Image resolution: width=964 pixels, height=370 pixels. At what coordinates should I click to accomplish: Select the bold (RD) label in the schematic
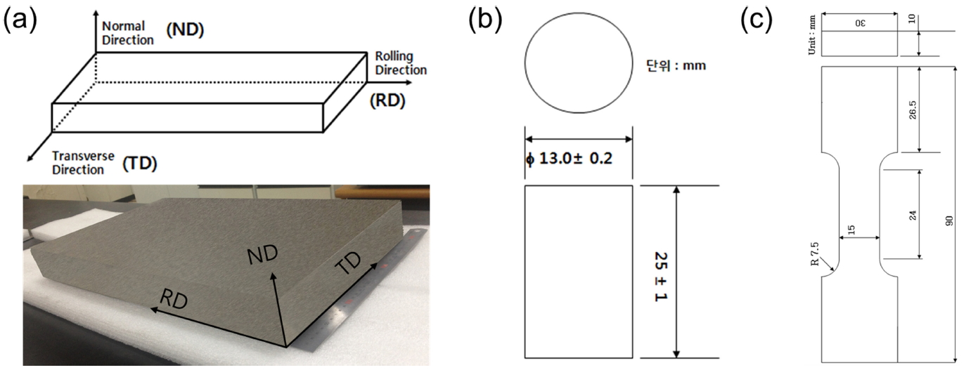click(x=387, y=100)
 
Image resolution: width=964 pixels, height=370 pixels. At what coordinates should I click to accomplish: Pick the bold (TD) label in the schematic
click(x=139, y=164)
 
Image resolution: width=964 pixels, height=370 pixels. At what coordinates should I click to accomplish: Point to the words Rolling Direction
click(x=400, y=63)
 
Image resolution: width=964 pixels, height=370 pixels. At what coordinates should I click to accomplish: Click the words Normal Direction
click(x=127, y=32)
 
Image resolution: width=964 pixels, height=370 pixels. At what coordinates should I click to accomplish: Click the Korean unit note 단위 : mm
click(x=676, y=67)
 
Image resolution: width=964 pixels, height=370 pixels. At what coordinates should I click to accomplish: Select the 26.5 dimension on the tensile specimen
click(x=913, y=110)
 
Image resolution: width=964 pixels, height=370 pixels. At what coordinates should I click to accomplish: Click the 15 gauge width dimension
click(x=852, y=230)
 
